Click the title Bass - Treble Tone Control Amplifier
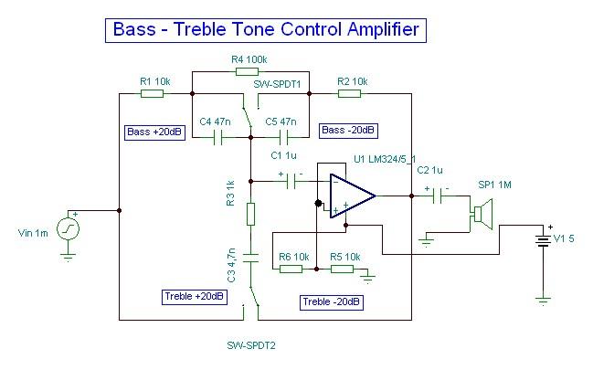coord(265,29)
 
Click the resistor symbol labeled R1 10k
coord(154,92)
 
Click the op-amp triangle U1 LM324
coord(353,195)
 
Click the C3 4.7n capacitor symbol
coord(251,257)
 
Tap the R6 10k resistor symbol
coord(291,269)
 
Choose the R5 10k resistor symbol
coord(342,269)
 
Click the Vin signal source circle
coord(69,228)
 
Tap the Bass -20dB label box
coord(347,131)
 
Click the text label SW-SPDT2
coord(251,346)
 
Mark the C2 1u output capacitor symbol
coord(437,195)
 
